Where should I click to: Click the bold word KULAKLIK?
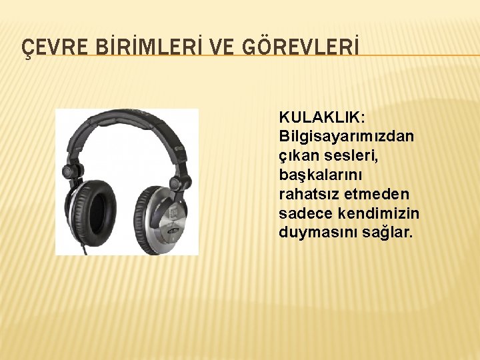322,117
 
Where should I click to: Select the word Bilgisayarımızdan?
347,136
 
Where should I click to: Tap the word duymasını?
313,233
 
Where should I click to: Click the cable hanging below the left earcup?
85,249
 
